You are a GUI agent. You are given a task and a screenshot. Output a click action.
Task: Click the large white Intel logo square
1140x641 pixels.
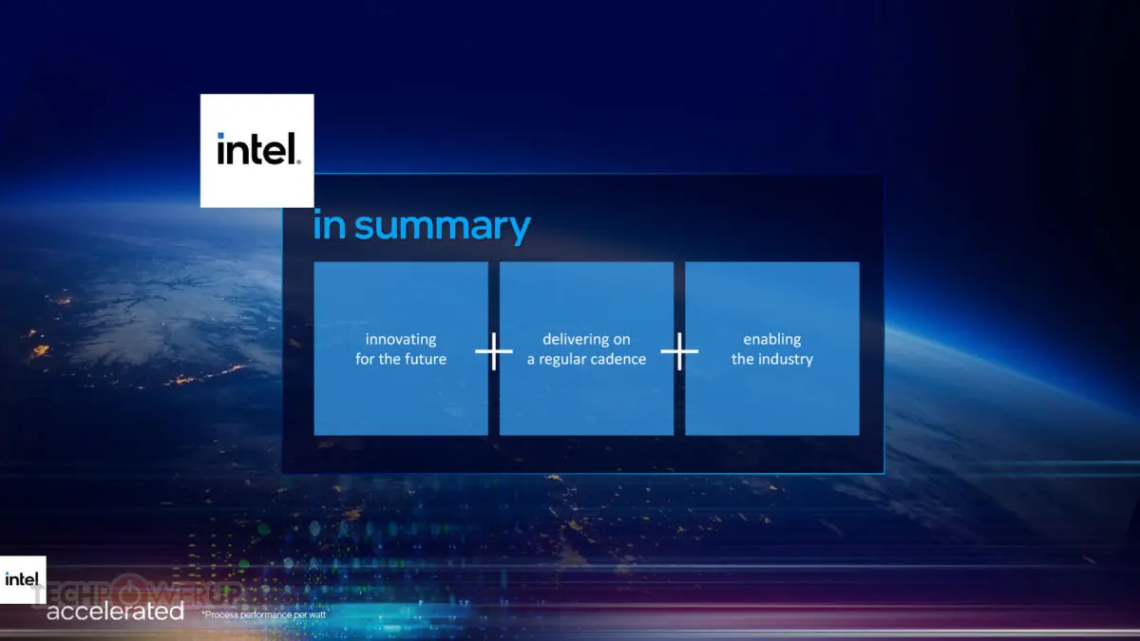[x=257, y=151]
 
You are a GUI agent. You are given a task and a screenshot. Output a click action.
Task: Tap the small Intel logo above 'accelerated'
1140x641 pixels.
[x=23, y=579]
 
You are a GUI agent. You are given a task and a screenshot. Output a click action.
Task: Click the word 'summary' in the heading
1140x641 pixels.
[x=443, y=227]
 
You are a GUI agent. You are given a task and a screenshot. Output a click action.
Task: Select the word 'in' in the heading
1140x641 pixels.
[x=330, y=225]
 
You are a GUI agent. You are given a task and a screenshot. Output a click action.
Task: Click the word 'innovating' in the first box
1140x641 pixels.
[x=401, y=340]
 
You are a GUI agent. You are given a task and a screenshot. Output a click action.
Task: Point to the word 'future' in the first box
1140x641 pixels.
[x=426, y=359]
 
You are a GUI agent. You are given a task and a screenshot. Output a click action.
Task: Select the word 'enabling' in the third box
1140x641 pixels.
[x=772, y=340]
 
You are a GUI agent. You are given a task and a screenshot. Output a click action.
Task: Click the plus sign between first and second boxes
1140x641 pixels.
[x=494, y=351]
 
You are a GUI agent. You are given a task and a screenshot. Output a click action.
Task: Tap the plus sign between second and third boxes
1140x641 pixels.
[x=679, y=351]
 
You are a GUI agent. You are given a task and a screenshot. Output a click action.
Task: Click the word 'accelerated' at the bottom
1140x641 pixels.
[x=115, y=611]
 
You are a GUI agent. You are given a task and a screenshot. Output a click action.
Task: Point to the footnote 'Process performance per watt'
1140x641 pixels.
[x=264, y=614]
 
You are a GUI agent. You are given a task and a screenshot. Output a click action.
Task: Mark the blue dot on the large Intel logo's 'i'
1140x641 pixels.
[x=220, y=136]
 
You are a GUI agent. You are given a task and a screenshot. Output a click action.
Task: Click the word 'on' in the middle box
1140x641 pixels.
[x=622, y=340]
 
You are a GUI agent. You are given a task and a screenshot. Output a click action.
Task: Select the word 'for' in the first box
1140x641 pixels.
[x=365, y=359]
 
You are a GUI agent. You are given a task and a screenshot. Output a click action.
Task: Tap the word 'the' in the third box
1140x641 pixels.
[x=743, y=359]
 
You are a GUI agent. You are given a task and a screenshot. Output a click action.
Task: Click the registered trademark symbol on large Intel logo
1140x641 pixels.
[x=298, y=162]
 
